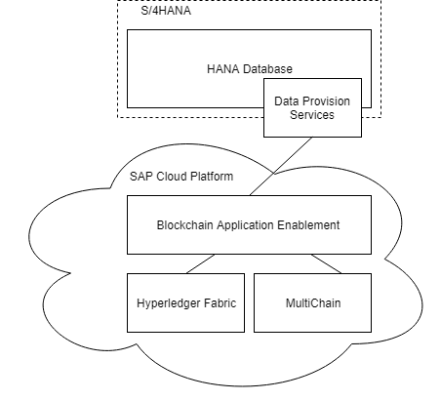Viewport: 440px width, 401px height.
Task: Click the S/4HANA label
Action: (x=166, y=11)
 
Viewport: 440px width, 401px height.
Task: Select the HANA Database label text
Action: (x=250, y=69)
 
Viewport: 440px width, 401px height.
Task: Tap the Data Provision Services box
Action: (x=312, y=107)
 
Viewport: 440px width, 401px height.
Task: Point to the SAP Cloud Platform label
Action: (x=181, y=177)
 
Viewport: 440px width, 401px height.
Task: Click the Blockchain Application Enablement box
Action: (x=249, y=224)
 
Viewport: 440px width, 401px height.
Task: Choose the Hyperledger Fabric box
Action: (x=185, y=302)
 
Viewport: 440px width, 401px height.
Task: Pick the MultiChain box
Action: (x=312, y=302)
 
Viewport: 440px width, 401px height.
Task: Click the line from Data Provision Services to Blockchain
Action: (x=281, y=166)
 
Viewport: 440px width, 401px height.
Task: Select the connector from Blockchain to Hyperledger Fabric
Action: (x=201, y=263)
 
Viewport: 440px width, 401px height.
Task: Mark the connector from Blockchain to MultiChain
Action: (x=326, y=263)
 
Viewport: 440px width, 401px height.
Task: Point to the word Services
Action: (x=312, y=115)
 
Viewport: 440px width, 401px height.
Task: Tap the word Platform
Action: (x=212, y=177)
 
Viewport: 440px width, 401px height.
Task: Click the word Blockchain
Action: (x=185, y=225)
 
